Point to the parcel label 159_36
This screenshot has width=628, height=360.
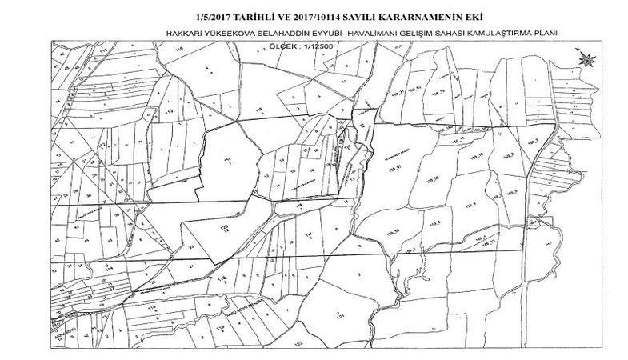coord(434,179)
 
